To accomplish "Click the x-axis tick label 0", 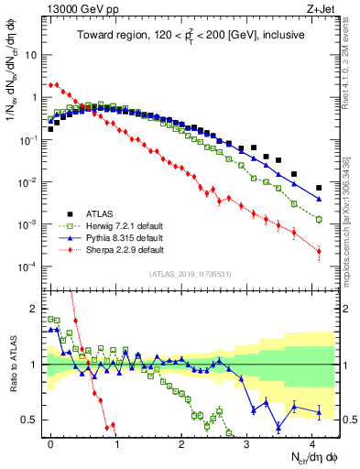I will click(50, 442).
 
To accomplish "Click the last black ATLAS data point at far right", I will click(319, 188).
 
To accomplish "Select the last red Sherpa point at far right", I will click(319, 252).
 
